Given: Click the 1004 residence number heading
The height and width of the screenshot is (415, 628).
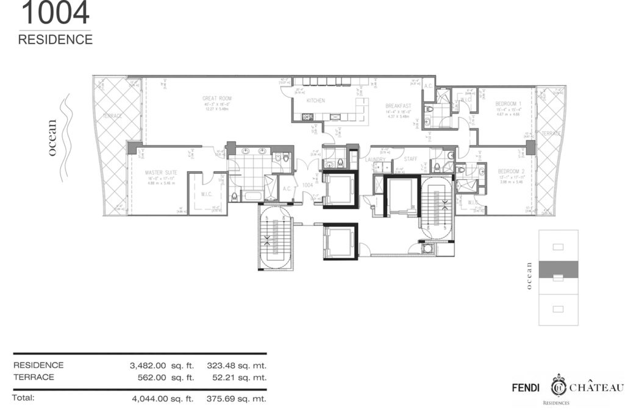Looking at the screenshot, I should click(x=54, y=13).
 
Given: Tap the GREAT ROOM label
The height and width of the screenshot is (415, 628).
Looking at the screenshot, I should click(x=216, y=98).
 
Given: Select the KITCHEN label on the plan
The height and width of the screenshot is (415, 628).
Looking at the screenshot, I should click(x=315, y=101).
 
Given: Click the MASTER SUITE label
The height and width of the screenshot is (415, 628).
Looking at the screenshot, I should click(x=161, y=172).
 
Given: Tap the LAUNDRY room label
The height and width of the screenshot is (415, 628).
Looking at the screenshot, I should click(x=376, y=160).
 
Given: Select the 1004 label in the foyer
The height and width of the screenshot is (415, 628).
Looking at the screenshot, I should click(x=309, y=185).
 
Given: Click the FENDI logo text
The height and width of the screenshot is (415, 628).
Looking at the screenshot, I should click(x=527, y=388).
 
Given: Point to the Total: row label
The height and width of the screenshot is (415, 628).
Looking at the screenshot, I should click(x=24, y=398).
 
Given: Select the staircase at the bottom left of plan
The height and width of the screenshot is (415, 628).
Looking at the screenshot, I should click(x=276, y=237).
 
